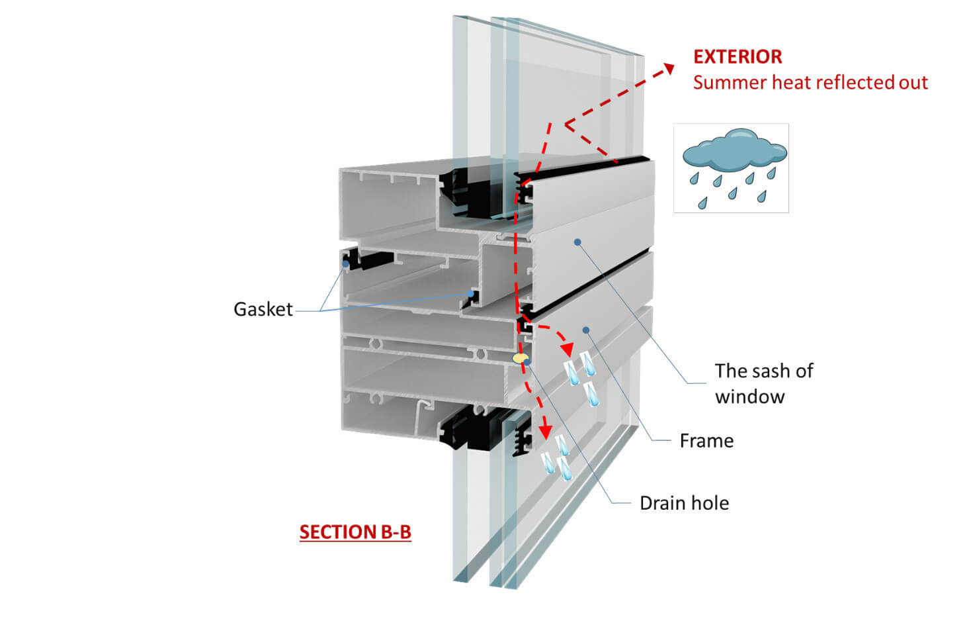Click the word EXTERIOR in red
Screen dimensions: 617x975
[x=737, y=57]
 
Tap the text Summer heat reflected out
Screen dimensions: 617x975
[x=810, y=83]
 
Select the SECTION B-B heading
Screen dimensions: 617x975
[x=355, y=532]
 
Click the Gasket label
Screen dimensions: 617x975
[x=263, y=309]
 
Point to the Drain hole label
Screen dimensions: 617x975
[x=684, y=503]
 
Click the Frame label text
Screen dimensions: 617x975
[x=706, y=441]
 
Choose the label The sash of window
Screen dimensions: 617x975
[x=763, y=383]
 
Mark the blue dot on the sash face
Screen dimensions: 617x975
[x=577, y=242]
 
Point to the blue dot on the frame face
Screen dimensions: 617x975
[x=585, y=329]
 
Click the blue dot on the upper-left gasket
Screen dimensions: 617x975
[x=345, y=264]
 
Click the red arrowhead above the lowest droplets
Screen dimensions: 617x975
[x=545, y=431]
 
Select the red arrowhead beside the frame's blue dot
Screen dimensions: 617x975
[x=566, y=348]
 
